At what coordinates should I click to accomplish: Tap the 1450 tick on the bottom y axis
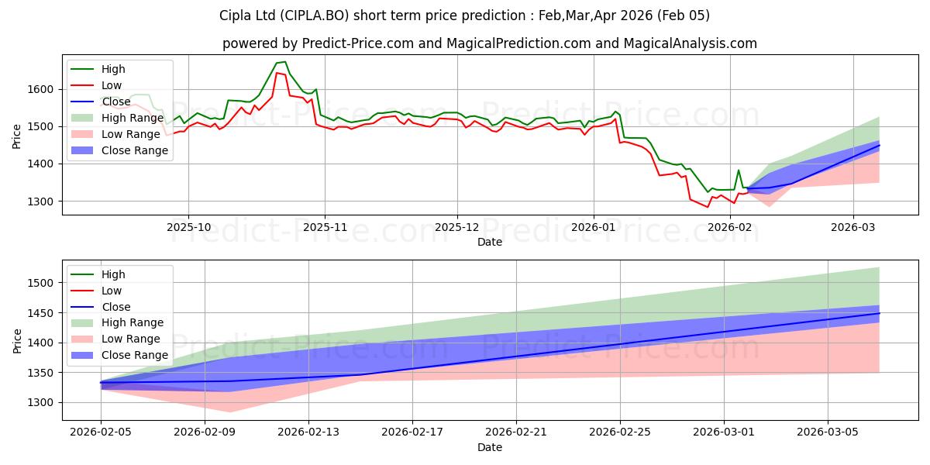[x=42, y=313]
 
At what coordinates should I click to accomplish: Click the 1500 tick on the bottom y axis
[x=42, y=284]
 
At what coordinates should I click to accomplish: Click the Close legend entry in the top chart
[x=116, y=102]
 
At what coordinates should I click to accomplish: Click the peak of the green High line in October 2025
[x=284, y=62]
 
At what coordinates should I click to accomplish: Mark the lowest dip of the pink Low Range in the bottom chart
[x=230, y=412]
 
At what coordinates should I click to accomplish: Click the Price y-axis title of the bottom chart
[x=17, y=339]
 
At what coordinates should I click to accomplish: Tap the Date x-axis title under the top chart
[x=490, y=242]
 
